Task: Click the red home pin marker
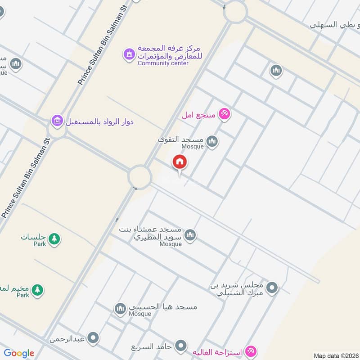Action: (180, 162)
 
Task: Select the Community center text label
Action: (163, 63)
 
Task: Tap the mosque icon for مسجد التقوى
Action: (212, 143)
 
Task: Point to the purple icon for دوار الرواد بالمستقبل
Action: (57, 121)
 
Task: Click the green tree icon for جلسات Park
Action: (54, 238)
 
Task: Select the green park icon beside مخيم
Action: (38, 289)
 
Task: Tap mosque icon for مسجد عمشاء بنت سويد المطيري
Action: (190, 235)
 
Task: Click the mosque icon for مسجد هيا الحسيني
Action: (120, 308)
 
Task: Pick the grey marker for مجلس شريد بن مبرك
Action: (272, 287)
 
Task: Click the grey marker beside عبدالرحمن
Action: (93, 338)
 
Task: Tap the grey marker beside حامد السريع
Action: (181, 346)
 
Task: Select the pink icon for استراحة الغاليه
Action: (251, 351)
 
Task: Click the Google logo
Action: (19, 353)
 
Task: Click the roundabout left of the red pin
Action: (139, 176)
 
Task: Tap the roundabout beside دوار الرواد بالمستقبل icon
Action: (57, 130)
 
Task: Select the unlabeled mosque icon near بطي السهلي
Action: (276, 71)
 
